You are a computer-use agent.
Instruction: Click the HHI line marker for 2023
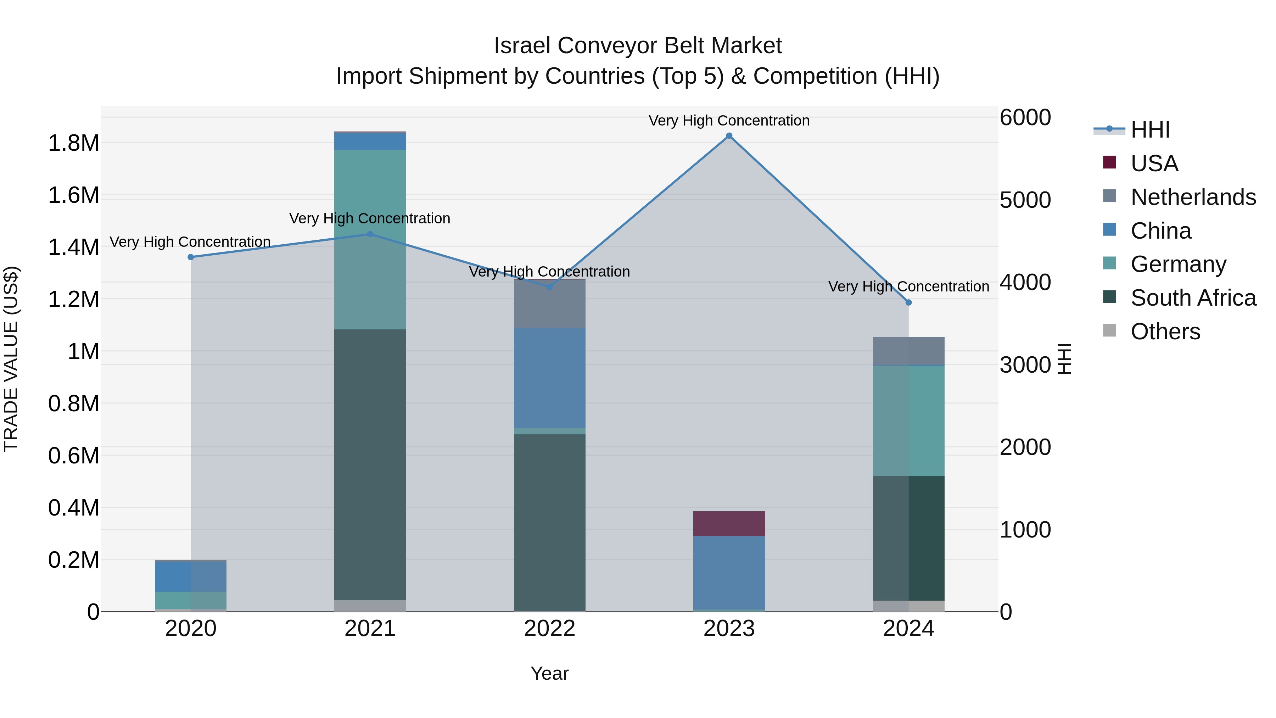tap(729, 136)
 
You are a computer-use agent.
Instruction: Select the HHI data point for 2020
tap(191, 257)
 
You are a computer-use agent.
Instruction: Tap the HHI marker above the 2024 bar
tap(908, 302)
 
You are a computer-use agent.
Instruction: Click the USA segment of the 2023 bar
tap(729, 523)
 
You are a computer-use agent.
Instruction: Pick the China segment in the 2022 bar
tap(549, 378)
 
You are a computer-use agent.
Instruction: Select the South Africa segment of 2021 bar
tap(370, 465)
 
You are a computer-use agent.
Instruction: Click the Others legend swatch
tap(1109, 330)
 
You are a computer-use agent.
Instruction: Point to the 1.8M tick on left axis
tap(73, 143)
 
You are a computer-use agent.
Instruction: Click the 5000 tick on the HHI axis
tap(1025, 200)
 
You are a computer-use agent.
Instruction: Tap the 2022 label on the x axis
tap(549, 629)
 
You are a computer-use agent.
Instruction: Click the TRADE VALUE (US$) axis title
tap(11, 359)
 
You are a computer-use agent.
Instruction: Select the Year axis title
tap(549, 673)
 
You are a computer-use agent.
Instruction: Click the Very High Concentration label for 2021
tap(370, 218)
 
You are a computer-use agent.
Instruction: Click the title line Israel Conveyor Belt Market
tap(638, 46)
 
